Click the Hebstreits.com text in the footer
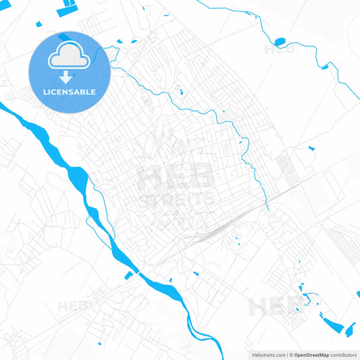266,355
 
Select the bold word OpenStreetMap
311,355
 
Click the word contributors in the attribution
344,355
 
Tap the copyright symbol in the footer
290,355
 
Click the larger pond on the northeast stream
280,42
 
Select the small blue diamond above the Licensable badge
38,24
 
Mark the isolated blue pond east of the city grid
311,147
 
